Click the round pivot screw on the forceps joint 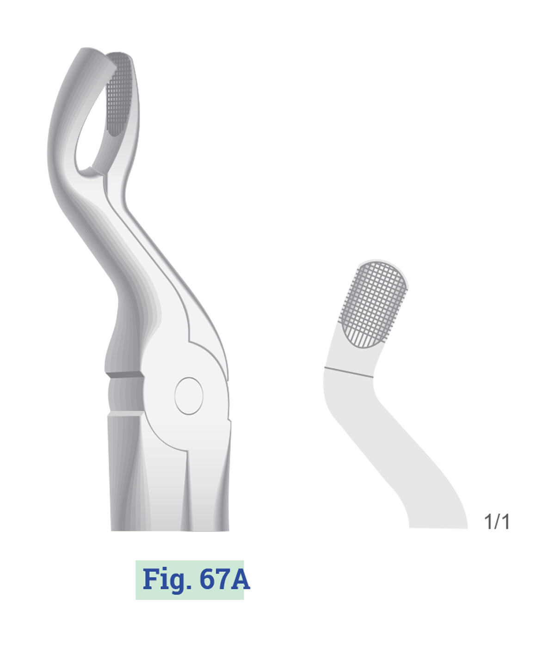[189, 396]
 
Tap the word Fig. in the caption [167, 580]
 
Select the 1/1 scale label [497, 522]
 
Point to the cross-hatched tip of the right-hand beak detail [373, 305]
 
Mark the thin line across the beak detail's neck [349, 372]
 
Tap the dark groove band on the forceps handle [125, 375]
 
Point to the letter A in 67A [240, 579]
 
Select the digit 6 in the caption [206, 579]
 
